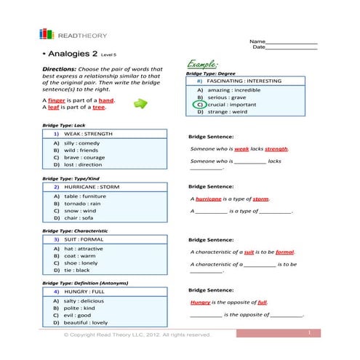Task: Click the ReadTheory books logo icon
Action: [47, 33]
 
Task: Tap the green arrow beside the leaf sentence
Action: [140, 104]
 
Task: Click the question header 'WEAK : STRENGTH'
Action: [88, 134]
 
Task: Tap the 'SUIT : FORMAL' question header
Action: [84, 239]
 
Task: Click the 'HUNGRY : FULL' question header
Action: [84, 291]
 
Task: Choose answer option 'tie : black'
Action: [77, 270]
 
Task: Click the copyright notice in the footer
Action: [137, 335]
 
